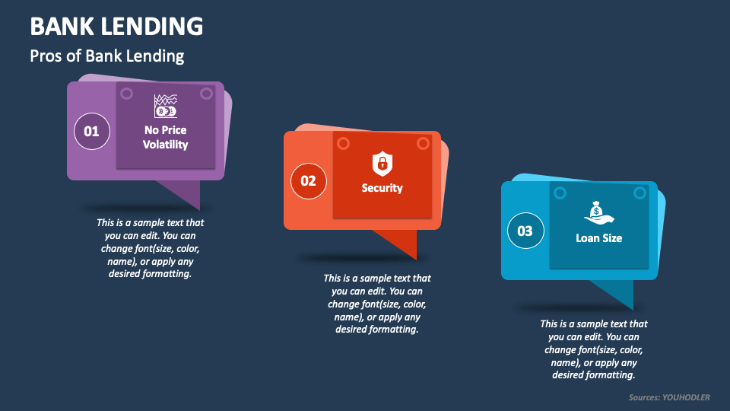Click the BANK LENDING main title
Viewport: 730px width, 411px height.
[116, 26]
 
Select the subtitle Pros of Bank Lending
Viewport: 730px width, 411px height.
[106, 56]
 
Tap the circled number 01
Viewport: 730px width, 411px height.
[91, 132]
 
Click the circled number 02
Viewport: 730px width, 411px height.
[308, 181]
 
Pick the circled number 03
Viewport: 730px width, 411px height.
[525, 231]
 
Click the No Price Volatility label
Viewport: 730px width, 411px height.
[165, 137]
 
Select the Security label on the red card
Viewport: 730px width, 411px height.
[382, 188]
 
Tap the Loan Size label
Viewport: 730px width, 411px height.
[598, 238]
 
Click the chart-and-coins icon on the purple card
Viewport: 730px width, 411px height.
[165, 106]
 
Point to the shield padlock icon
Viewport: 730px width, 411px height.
[382, 162]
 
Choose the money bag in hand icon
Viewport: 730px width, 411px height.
[598, 212]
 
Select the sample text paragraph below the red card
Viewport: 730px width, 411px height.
[377, 304]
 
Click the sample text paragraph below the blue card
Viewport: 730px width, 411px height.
[594, 349]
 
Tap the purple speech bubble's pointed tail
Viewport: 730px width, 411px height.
[186, 193]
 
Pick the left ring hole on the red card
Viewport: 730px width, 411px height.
[343, 143]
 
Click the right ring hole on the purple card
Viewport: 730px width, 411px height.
[206, 94]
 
